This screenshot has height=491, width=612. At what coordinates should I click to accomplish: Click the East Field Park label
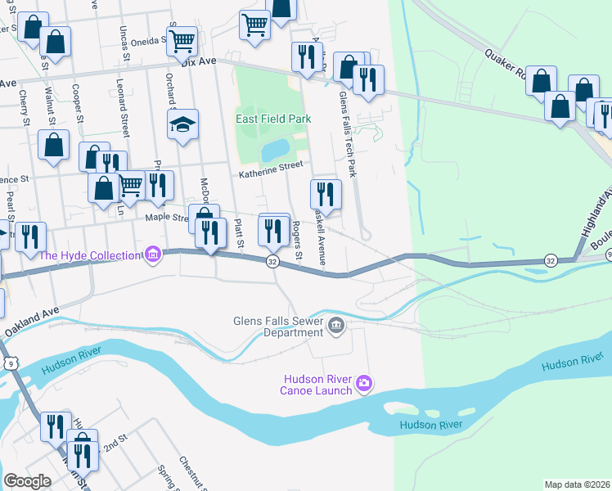pyautogui.click(x=274, y=119)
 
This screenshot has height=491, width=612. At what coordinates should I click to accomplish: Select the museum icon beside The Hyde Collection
pyautogui.click(x=151, y=255)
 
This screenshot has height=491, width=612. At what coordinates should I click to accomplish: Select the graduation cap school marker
pyautogui.click(x=183, y=124)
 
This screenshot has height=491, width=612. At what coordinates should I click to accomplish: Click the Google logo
pyautogui.click(x=27, y=481)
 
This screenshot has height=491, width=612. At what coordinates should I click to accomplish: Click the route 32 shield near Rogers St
pyautogui.click(x=272, y=261)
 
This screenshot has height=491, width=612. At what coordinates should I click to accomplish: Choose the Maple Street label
pyautogui.click(x=167, y=217)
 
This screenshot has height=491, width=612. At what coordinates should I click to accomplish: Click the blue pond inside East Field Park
pyautogui.click(x=276, y=150)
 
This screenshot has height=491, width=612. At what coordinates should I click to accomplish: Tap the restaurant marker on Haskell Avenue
pyautogui.click(x=326, y=194)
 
